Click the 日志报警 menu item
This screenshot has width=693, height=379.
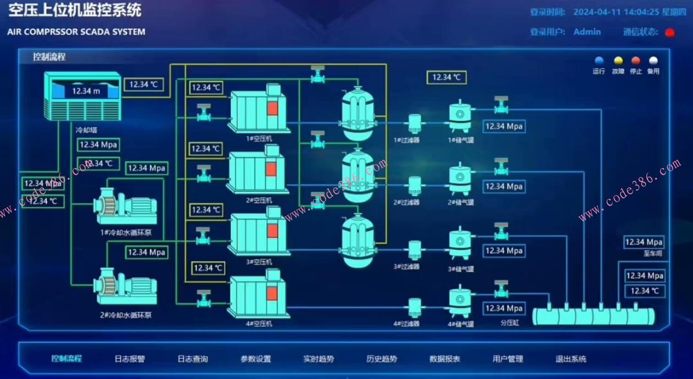coord(130,359)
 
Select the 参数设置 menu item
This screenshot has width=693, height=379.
coord(256,359)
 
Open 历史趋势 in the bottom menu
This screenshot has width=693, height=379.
coord(382,359)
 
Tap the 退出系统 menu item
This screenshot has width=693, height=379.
coord(571,359)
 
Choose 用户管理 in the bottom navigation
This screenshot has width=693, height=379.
coord(508,359)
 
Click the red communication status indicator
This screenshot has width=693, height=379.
coord(670,33)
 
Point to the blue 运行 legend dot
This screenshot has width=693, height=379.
coord(599,61)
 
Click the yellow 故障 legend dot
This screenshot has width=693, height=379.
coord(618,61)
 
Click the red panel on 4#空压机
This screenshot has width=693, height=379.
coord(272,293)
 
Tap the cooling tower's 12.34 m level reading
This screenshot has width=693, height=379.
coord(86,91)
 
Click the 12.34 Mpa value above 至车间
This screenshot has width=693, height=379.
coord(644,242)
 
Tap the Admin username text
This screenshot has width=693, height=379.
coord(587,32)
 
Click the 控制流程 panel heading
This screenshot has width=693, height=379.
coord(49,57)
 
